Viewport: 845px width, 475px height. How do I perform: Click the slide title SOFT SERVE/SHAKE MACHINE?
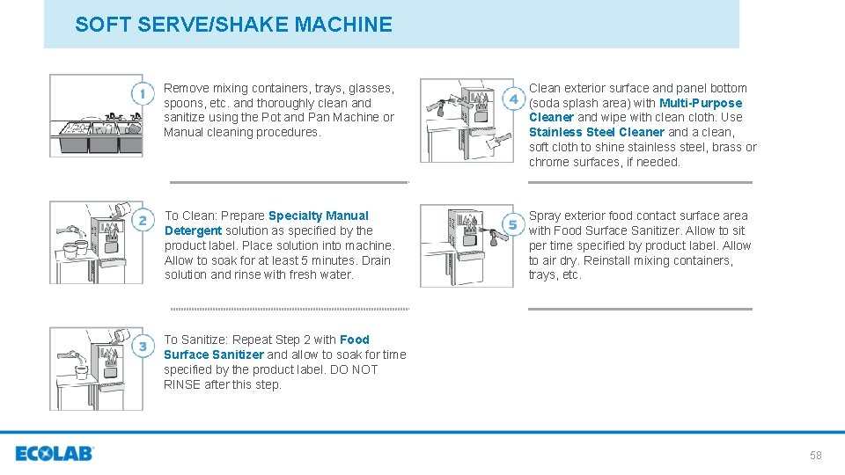tap(233, 25)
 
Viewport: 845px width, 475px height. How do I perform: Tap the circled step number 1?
tap(141, 93)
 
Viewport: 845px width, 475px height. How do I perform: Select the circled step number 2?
tap(141, 221)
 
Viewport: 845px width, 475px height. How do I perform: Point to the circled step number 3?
tap(142, 347)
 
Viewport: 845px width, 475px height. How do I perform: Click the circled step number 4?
tap(512, 99)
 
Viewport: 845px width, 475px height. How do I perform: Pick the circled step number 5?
tap(511, 224)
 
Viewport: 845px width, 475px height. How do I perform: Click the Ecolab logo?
tap(54, 454)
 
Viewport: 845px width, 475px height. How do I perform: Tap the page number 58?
tap(815, 455)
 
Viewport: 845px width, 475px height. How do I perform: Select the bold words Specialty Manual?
tap(319, 216)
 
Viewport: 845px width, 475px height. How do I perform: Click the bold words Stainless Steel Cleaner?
tap(596, 132)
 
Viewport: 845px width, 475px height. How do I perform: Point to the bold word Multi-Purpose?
tap(701, 103)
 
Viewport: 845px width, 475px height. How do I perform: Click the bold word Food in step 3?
tap(355, 340)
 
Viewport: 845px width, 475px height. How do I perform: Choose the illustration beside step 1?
tap(96, 116)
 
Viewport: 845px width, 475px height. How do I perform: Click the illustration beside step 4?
tap(467, 121)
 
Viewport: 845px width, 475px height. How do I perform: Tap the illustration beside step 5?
tap(467, 245)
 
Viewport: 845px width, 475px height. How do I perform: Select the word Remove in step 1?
tap(186, 88)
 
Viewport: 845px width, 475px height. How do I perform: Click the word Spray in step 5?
tap(544, 216)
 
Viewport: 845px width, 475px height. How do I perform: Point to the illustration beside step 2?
tap(96, 242)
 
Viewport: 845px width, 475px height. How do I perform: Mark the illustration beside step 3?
tap(96, 369)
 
